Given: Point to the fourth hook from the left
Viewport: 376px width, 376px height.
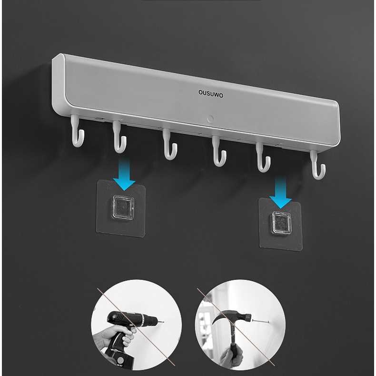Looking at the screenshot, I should click(x=217, y=151).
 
